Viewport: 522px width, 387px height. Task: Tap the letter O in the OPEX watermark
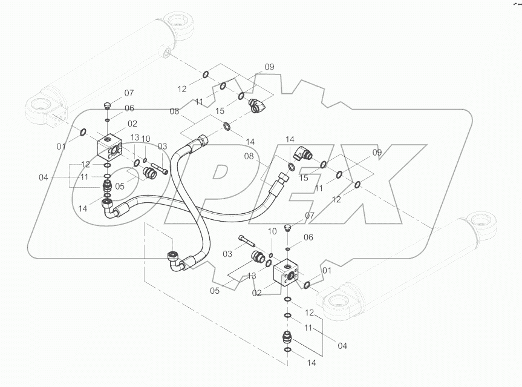pos(109,176)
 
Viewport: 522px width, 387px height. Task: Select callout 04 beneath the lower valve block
pos(342,346)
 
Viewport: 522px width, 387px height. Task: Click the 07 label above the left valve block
pos(129,93)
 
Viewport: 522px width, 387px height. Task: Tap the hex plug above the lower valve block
pos(288,229)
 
